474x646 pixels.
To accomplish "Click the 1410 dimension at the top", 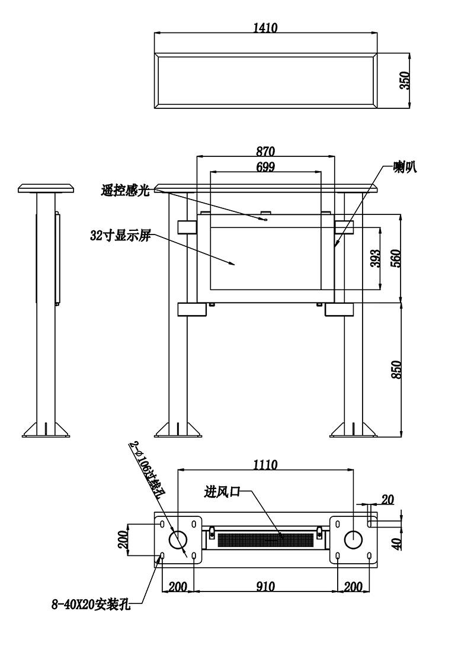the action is [265, 27].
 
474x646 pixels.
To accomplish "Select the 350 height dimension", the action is [405, 81].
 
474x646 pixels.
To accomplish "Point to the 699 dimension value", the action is [265, 166].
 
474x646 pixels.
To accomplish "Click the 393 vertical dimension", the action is [375, 258].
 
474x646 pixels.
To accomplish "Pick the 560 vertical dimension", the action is [395, 258].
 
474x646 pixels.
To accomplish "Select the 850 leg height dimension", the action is [395, 369].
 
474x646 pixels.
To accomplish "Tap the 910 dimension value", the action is [265, 586].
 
